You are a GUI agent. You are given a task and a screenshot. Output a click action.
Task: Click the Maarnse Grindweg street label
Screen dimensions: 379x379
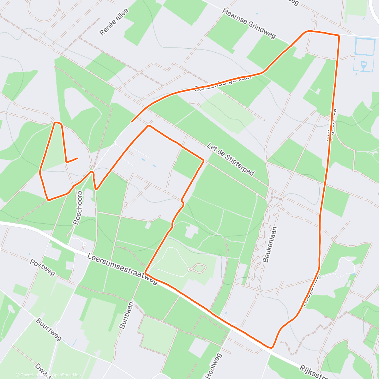249,24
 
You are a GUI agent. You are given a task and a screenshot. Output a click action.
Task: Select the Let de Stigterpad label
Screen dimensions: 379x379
231,159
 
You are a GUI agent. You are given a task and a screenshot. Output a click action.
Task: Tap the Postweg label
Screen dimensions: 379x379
42,268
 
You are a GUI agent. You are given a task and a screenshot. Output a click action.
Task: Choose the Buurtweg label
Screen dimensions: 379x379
49,329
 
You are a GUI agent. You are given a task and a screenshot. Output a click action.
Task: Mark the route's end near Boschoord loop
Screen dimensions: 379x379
77,158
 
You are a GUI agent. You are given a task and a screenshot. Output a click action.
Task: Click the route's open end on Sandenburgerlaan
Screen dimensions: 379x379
132,122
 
